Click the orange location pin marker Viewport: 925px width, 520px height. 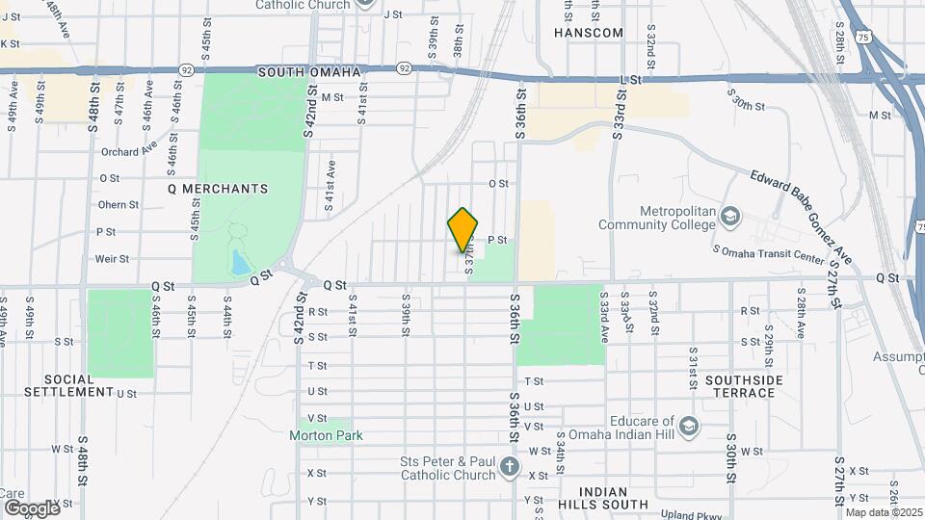463,231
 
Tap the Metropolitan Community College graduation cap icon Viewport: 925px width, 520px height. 730,216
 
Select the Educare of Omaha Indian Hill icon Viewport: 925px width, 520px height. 688,426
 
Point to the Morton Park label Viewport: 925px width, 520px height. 327,435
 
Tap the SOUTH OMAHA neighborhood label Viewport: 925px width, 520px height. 308,72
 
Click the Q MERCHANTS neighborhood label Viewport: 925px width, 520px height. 217,189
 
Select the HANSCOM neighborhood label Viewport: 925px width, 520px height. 589,33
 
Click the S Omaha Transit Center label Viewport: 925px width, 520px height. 768,255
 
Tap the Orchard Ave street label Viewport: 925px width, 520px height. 128,150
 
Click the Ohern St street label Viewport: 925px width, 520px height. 119,204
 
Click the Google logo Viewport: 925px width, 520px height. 31,507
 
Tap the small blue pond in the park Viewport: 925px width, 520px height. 238,262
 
